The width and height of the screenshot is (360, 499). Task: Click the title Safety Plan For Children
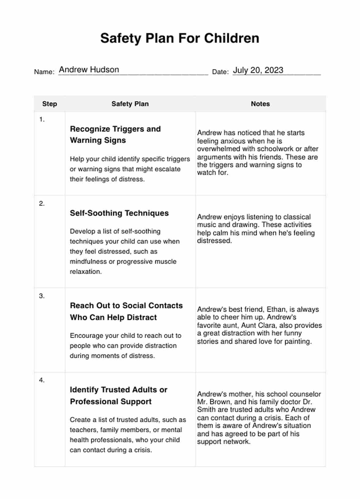point(180,38)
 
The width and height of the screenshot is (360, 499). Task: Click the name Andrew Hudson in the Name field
point(89,70)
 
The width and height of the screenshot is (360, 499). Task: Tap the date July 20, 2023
point(258,70)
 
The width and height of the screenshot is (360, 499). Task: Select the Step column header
point(50,104)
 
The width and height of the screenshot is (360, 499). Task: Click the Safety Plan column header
point(130,104)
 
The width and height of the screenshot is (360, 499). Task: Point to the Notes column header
point(260,104)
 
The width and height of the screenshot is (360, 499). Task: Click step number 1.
point(42,120)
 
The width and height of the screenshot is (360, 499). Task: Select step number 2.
point(42,204)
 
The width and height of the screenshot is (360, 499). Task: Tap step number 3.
point(42,296)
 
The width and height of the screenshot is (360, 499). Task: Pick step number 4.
point(42,380)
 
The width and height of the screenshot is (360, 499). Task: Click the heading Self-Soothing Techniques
point(119,213)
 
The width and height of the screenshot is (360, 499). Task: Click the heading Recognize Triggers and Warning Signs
point(115,134)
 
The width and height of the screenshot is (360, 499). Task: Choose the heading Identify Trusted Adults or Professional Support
point(118,396)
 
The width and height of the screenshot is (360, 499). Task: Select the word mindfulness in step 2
point(88,261)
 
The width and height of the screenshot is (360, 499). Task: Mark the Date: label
point(220,72)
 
